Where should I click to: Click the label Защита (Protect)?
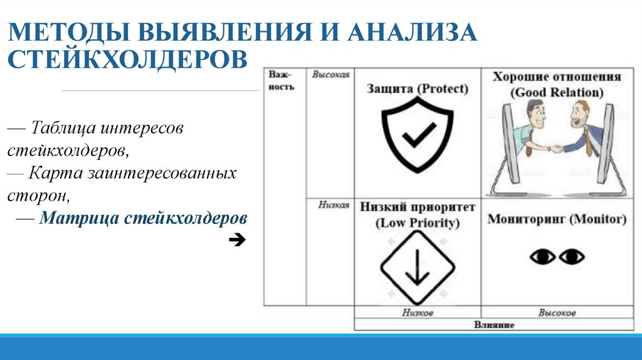pos(418,89)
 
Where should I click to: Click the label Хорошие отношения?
pos(556,77)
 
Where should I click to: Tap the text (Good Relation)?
pos(557,92)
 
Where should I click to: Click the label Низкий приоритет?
pos(418,207)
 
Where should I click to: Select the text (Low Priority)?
pos(418,223)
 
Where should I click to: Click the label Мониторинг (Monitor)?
pos(557,220)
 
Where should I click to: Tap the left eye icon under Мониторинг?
pos(543,257)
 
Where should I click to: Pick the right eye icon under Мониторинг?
pos(572,257)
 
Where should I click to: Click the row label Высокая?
pos(330,74)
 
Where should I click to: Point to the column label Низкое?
pos(418,312)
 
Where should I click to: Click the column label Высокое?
pos(557,312)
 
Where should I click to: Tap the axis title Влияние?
pos(494,325)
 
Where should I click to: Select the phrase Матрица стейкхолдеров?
pos(143,219)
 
